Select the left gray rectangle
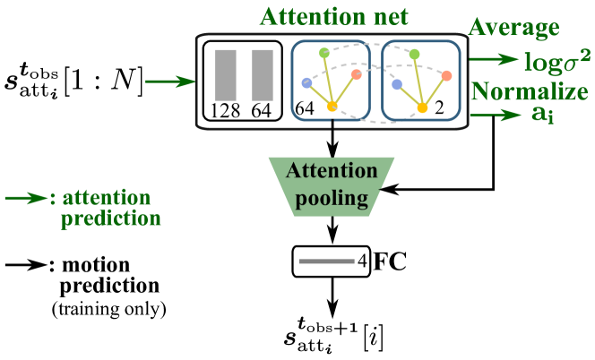(226, 75)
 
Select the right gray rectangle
(262, 75)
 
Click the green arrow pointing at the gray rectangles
(170, 82)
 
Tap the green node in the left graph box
(324, 54)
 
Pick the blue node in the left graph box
(307, 83)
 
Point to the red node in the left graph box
(357, 74)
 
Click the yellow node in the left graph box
(332, 107)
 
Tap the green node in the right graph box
(414, 55)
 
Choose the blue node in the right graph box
(396, 84)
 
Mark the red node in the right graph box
(446, 75)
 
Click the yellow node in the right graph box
(422, 108)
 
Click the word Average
(513, 28)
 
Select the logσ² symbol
(556, 61)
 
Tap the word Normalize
(529, 91)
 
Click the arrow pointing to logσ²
(494, 60)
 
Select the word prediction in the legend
(111, 219)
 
